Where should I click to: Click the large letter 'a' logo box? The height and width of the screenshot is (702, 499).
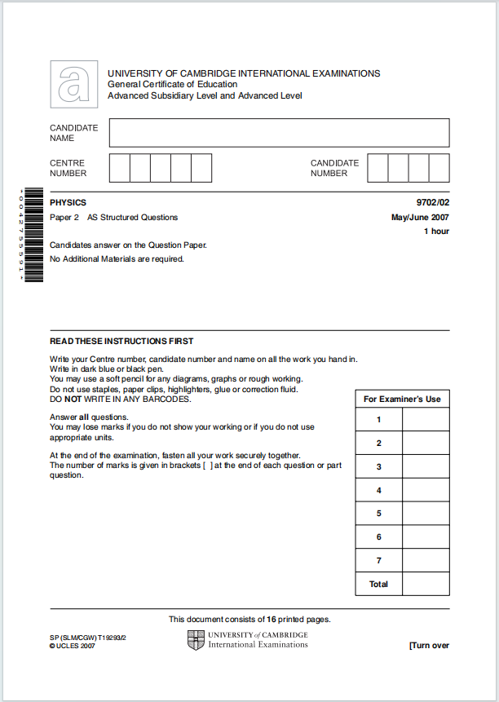click(x=73, y=84)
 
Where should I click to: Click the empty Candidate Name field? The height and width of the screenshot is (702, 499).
click(x=279, y=133)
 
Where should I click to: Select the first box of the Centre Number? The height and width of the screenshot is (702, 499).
click(x=119, y=168)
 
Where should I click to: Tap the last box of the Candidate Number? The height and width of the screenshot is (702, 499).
click(x=439, y=168)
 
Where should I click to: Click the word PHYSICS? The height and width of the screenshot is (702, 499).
click(x=68, y=203)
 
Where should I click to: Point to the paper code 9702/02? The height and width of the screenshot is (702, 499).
click(x=432, y=203)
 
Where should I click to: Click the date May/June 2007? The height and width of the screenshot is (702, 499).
click(x=420, y=218)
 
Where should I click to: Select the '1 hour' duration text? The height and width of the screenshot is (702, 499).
click(x=436, y=232)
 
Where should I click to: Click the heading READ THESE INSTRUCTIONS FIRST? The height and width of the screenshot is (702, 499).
click(x=121, y=342)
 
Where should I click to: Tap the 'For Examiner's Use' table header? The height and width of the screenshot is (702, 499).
click(x=402, y=400)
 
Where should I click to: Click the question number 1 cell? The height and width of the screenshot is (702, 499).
click(x=378, y=420)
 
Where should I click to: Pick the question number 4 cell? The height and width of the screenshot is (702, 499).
click(x=378, y=491)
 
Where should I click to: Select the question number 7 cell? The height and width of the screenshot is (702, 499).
click(x=378, y=561)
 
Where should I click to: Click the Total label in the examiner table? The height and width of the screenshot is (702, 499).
click(x=378, y=585)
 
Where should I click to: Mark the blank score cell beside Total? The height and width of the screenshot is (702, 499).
click(x=426, y=585)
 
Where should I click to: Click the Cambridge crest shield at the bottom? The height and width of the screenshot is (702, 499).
click(x=196, y=640)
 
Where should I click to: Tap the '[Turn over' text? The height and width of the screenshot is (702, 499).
click(x=429, y=646)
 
